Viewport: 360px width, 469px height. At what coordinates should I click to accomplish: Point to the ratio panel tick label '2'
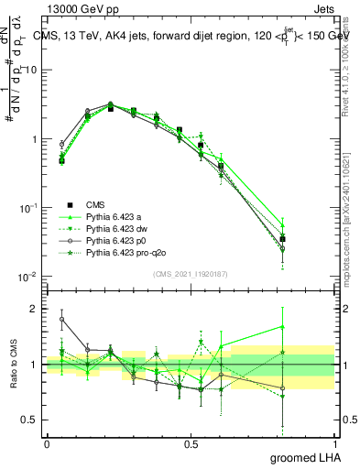point(35,309)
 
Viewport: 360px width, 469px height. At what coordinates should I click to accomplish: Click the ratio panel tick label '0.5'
point(30,420)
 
